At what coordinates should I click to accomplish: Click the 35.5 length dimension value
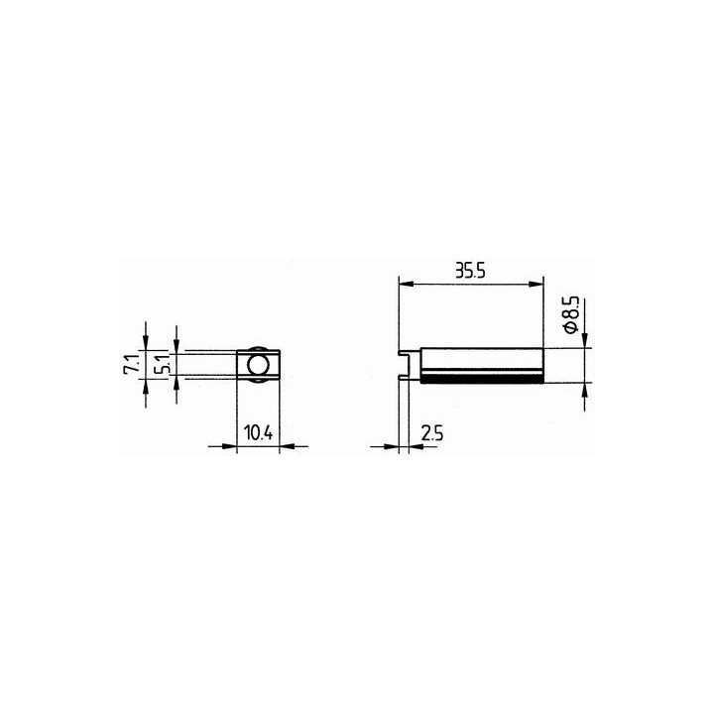coord(470,271)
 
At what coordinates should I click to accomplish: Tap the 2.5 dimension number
coord(432,432)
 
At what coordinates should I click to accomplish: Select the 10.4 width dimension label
coord(258,432)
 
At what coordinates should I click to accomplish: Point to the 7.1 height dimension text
coord(129,365)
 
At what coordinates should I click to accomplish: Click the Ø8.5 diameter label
coord(571,313)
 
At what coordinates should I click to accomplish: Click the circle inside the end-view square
coord(258,365)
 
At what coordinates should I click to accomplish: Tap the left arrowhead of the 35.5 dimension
coord(404,285)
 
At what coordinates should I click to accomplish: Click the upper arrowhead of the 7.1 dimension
coord(146,342)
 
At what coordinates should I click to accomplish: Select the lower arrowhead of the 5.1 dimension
coord(176,383)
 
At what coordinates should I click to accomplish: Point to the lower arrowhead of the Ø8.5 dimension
coord(584,390)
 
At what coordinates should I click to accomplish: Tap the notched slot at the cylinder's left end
coord(406,364)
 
